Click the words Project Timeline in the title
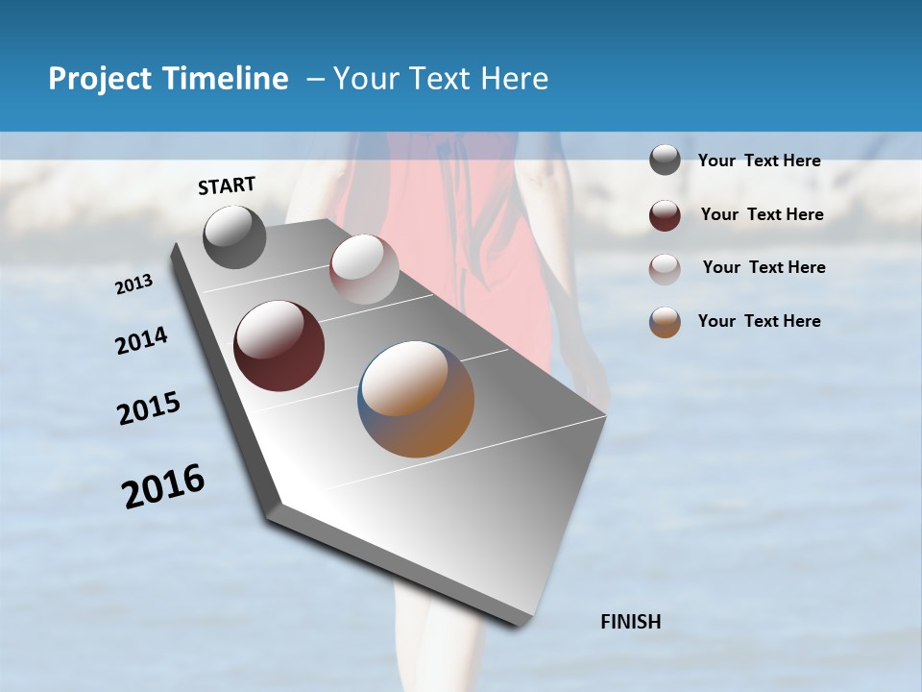coord(168,79)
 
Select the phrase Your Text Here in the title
coord(441,79)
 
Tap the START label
coord(227,185)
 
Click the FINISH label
coord(631,622)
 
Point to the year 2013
coord(133,284)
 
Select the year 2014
coord(141,340)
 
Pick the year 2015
coord(149,409)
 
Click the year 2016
coord(163,486)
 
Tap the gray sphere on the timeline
coord(234,237)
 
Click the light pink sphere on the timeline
coord(364,269)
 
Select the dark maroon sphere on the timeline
coord(279,346)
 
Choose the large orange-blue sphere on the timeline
coord(416,399)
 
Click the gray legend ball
coord(665,161)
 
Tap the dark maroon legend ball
coord(665,215)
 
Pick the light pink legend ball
coord(665,269)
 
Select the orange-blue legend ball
coord(665,323)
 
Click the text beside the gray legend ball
coord(759,161)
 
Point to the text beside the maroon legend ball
coord(762,214)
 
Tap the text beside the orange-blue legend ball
coord(759,321)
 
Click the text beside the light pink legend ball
coord(764,267)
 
